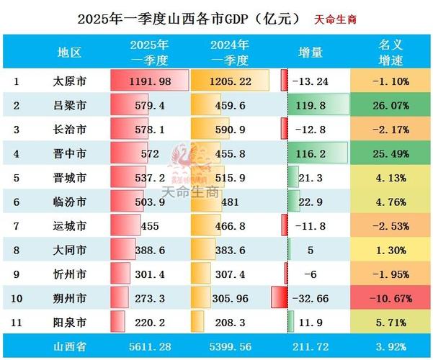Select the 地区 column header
[x=70, y=53]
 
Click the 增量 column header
[x=311, y=53]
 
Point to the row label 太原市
[x=70, y=81]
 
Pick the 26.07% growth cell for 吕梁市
[x=391, y=106]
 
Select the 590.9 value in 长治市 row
[x=231, y=130]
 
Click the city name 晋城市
[x=70, y=177]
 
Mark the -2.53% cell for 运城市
[x=391, y=225]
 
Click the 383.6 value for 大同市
[x=231, y=249]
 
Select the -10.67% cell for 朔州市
[x=391, y=297]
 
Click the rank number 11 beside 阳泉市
[x=17, y=320]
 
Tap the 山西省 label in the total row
[x=69, y=346]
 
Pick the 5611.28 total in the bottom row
[x=151, y=346]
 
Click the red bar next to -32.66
[x=276, y=297]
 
